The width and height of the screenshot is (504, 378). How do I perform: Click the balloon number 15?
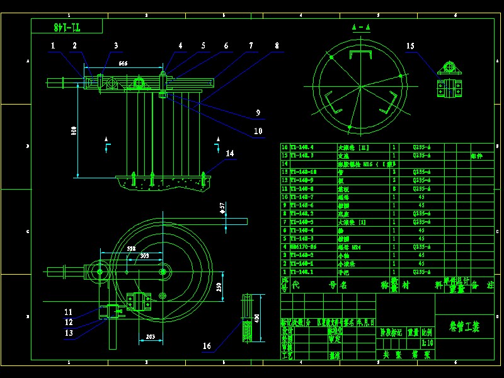point(410,45)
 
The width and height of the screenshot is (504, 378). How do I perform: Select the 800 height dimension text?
point(74,130)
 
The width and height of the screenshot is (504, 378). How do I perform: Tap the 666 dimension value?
point(123,64)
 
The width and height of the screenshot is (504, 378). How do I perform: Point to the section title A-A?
point(361,27)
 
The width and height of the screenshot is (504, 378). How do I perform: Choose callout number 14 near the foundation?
point(230,153)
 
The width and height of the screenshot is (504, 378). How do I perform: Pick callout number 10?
point(258,131)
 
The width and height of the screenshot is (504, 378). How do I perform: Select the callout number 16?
point(207,346)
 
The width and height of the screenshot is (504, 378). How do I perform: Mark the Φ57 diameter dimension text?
point(222,207)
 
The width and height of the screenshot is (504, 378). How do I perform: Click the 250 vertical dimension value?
point(219,287)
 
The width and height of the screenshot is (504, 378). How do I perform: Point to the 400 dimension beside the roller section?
point(256,318)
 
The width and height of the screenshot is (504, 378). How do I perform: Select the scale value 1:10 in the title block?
point(426,343)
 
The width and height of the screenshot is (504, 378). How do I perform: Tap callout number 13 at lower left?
point(69,333)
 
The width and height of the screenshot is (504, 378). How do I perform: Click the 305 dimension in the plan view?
point(144,256)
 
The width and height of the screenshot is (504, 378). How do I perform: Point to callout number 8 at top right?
point(277,45)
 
